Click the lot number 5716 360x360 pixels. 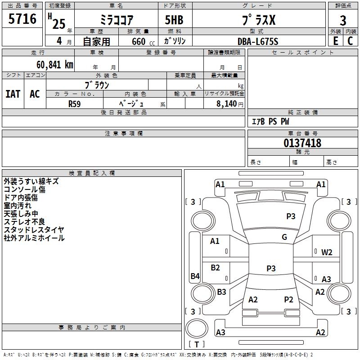22,19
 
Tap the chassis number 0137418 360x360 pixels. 302,143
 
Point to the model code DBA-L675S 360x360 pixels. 258,41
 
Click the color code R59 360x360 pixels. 74,103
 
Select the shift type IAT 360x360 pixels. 13,94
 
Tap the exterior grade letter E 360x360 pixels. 335,41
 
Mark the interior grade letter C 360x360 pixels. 350,41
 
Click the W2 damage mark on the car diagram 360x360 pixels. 327,252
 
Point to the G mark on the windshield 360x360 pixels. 284,237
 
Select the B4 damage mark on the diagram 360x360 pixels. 195,276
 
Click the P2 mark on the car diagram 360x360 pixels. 288,300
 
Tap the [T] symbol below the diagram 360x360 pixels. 197,344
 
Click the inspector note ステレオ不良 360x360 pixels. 24,222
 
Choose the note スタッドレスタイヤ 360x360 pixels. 34,230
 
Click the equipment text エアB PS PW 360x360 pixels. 270,121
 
